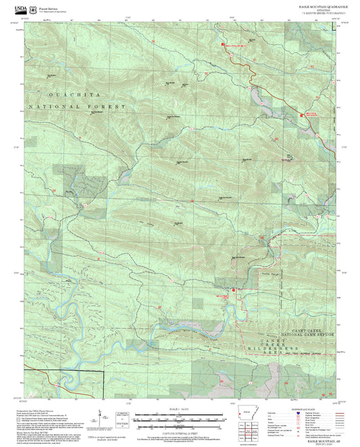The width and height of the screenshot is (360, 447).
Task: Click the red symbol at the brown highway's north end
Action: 223,44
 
